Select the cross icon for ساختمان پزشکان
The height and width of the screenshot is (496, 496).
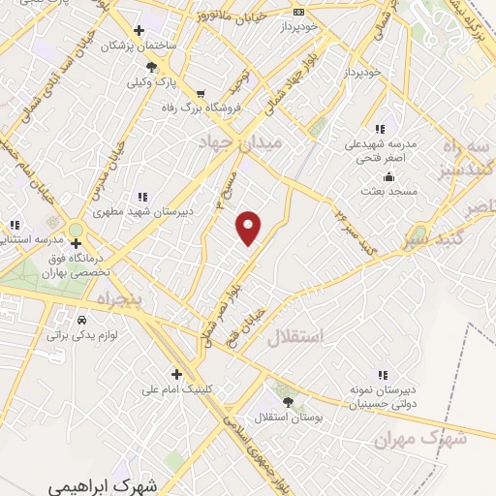(x=140, y=31)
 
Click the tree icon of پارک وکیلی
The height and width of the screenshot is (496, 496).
(x=150, y=67)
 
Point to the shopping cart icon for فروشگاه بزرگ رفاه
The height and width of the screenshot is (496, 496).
(x=201, y=94)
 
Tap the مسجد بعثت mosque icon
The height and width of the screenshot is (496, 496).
(x=388, y=176)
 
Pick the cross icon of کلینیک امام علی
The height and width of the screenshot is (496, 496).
(x=175, y=374)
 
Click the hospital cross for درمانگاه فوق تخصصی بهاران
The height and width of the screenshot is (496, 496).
(x=77, y=243)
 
